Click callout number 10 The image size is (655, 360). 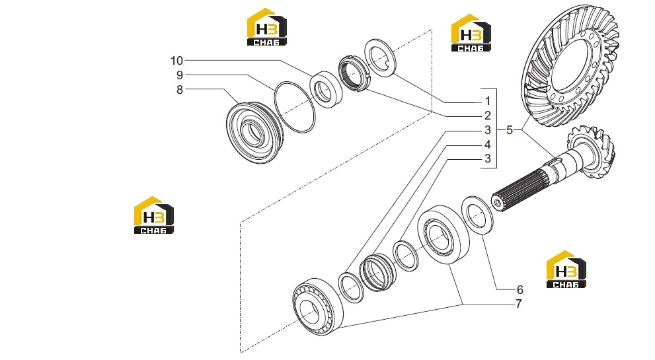[x=176, y=61]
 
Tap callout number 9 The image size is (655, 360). [x=180, y=75]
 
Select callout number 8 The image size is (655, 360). [x=180, y=90]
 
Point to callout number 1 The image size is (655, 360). [x=488, y=101]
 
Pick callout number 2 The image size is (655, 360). [x=488, y=116]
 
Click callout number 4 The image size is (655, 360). [x=488, y=145]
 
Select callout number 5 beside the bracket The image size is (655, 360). [x=509, y=130]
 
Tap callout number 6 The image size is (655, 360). [x=520, y=289]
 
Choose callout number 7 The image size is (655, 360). [x=519, y=304]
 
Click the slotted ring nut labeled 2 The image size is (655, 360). [x=354, y=73]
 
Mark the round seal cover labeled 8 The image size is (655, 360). [x=255, y=132]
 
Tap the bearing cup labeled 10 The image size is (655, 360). [x=327, y=90]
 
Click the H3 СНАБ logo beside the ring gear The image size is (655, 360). [x=471, y=33]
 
